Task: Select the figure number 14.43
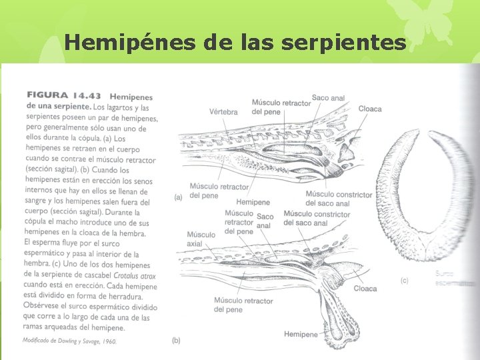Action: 86,95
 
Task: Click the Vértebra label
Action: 223,112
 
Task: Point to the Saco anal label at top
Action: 328,98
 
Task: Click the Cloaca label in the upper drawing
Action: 370,109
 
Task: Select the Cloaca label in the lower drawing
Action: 365,289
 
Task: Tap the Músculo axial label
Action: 201,239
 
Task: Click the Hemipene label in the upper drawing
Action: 253,202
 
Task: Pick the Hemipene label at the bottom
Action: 301,334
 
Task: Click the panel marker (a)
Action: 178,197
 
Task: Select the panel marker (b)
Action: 176,341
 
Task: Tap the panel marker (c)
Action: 404,281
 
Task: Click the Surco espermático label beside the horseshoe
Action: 453,278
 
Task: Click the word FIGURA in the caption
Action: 47,95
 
